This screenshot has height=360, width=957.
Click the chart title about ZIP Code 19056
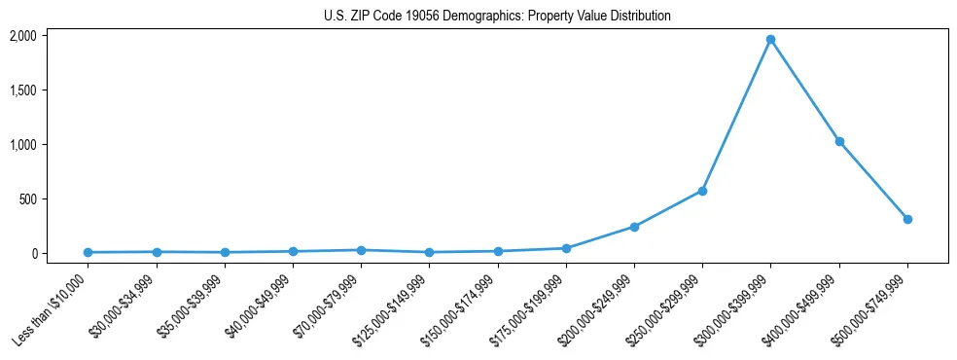coord(497,17)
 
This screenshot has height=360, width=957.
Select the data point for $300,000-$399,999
coord(770,40)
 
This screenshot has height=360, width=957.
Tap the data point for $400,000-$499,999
coord(839,142)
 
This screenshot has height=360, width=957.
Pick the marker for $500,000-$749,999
coord(907,219)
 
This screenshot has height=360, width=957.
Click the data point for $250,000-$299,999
coord(702,191)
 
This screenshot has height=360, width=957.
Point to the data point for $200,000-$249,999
coord(634,227)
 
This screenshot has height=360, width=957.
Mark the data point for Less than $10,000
coord(88,252)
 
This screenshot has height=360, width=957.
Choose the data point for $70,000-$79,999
coord(361,250)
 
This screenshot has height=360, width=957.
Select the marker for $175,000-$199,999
coord(566,248)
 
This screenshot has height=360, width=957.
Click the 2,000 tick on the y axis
coord(22,36)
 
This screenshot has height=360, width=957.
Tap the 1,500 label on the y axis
coord(22,90)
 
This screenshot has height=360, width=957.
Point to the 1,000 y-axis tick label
coord(22,145)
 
